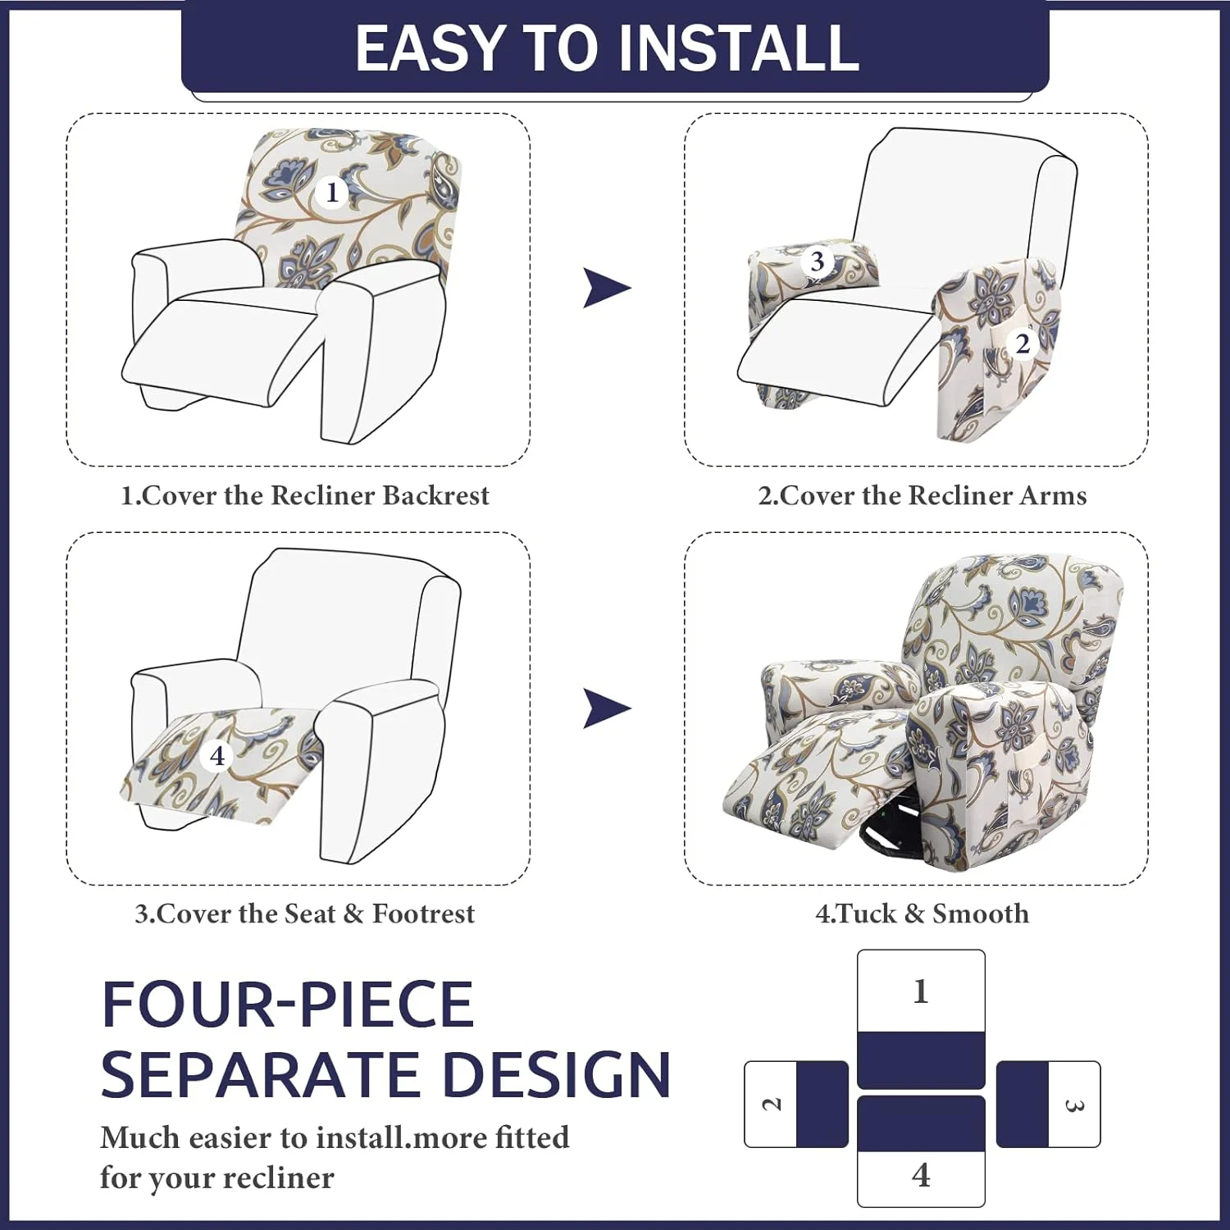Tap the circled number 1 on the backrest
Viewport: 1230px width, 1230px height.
pos(331,193)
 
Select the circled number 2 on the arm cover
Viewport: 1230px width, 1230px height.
pos(1022,344)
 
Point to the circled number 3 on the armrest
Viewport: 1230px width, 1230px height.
pos(817,262)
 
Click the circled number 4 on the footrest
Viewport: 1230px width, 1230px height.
pos(217,755)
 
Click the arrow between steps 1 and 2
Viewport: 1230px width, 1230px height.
pos(606,288)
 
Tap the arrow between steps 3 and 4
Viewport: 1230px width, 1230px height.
pos(606,708)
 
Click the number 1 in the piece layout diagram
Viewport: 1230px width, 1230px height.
pos(921,991)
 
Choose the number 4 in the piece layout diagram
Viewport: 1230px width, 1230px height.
pos(921,1175)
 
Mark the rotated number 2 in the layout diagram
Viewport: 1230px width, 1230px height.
pos(772,1104)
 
